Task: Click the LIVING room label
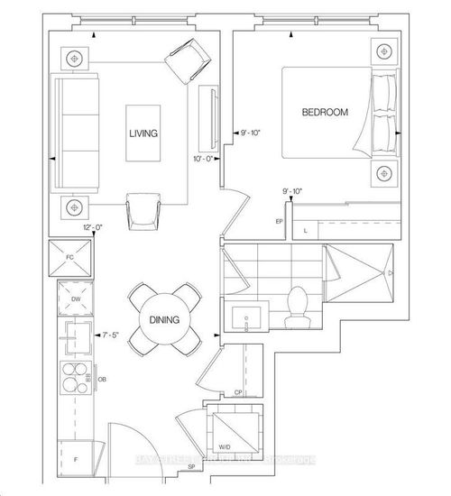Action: [x=143, y=133]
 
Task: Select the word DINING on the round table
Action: [x=165, y=319]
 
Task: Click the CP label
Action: [x=237, y=392]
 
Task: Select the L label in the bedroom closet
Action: [x=306, y=232]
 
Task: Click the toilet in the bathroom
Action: [x=294, y=307]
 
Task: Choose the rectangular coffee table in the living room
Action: [x=143, y=133]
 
